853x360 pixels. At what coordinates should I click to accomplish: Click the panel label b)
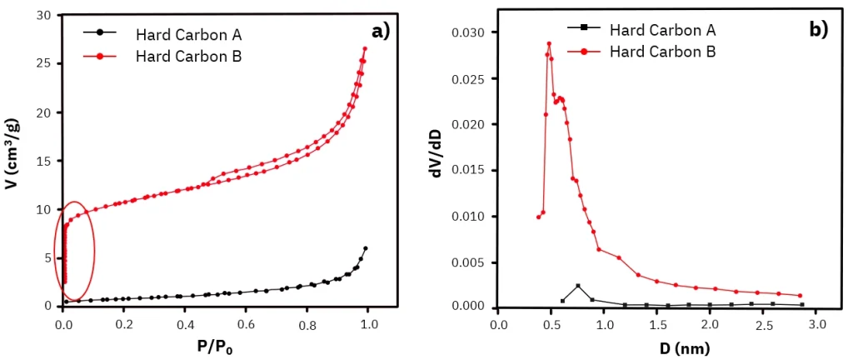pyautogui.click(x=818, y=31)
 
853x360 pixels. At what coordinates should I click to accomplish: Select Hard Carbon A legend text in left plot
pyautogui.click(x=188, y=35)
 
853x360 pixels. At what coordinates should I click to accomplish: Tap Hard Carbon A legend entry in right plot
pyautogui.click(x=662, y=30)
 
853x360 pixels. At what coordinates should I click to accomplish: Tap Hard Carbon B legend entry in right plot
pyautogui.click(x=662, y=51)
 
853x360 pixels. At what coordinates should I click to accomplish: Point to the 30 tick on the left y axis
pyautogui.click(x=44, y=16)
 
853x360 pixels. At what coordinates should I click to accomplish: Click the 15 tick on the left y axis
pyautogui.click(x=44, y=161)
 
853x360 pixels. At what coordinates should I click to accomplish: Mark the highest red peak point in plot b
pyautogui.click(x=549, y=43)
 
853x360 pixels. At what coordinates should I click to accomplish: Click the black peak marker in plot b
pyautogui.click(x=578, y=286)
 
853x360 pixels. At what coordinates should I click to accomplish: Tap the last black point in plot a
pyautogui.click(x=365, y=248)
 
